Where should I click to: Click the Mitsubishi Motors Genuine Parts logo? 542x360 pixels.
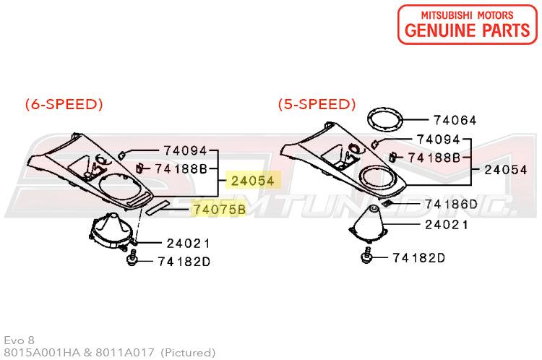(468, 25)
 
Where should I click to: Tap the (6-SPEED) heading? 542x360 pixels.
(64, 104)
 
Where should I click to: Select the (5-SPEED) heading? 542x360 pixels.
(317, 104)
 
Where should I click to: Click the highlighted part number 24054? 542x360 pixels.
(253, 181)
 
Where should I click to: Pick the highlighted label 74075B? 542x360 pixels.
(220, 209)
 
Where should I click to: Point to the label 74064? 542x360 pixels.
(455, 120)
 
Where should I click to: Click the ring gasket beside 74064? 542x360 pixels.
(385, 119)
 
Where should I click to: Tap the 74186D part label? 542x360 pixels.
(451, 204)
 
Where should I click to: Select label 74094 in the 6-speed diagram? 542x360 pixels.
(185, 150)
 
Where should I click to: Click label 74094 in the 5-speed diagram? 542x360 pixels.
(439, 140)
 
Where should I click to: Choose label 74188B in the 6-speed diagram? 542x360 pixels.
(181, 168)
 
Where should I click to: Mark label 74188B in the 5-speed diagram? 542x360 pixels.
(434, 158)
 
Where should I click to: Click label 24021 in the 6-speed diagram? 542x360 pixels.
(189, 244)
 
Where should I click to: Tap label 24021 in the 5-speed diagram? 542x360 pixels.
(447, 225)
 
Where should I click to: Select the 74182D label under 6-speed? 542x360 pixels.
(184, 262)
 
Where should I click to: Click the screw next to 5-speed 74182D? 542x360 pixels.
(366, 256)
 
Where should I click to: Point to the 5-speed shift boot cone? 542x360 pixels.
(369, 223)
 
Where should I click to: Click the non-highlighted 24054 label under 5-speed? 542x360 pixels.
(506, 169)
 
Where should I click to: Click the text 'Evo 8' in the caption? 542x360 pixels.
(20, 340)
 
